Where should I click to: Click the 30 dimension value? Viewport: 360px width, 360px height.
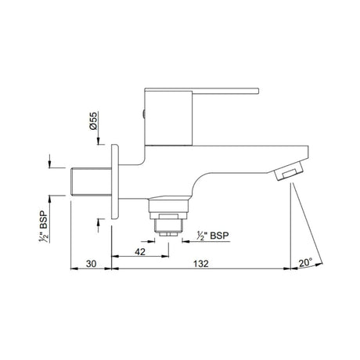click(x=92, y=264)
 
